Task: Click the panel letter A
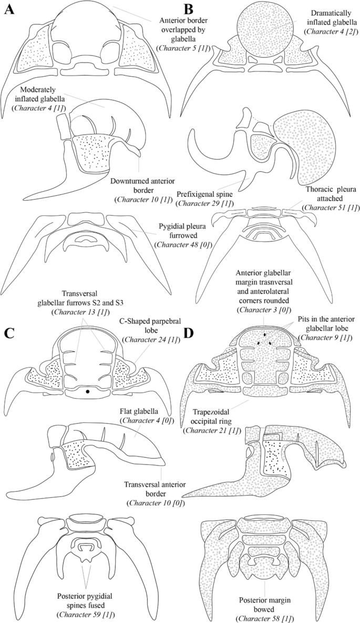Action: point(8,11)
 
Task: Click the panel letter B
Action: point(189,9)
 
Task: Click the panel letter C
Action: point(9,332)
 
